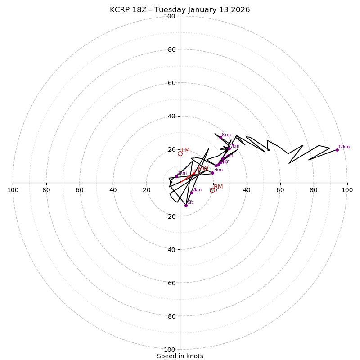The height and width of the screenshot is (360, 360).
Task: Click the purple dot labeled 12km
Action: click(337, 150)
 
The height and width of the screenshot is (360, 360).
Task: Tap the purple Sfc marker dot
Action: click(186, 205)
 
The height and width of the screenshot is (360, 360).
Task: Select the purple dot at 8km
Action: click(220, 137)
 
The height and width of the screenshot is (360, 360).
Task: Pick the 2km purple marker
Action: click(191, 193)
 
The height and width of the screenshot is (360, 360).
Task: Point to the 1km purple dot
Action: click(176, 176)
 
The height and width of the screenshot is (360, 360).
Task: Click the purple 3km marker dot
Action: click(212, 173)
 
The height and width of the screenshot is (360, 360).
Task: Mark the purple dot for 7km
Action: click(229, 148)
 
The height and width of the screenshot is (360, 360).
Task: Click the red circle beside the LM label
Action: click(180, 154)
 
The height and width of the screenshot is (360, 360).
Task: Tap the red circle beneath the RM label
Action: click(213, 190)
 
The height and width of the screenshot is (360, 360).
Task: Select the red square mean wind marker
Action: click(194, 173)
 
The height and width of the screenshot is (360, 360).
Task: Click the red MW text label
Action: click(203, 169)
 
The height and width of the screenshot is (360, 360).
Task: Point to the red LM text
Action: click(185, 150)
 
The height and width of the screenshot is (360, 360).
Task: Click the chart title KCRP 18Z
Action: click(180, 10)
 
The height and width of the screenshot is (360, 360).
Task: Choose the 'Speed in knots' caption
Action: click(180, 356)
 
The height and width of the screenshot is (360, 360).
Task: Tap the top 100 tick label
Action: click(170, 17)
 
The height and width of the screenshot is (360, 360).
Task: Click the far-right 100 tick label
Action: click(347, 190)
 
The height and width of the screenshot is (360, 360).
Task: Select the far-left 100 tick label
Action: click(13, 190)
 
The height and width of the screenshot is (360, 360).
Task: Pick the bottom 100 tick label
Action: click(170, 350)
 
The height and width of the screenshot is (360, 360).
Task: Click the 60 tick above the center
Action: click(171, 83)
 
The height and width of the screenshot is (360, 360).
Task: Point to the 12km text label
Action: click(344, 147)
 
